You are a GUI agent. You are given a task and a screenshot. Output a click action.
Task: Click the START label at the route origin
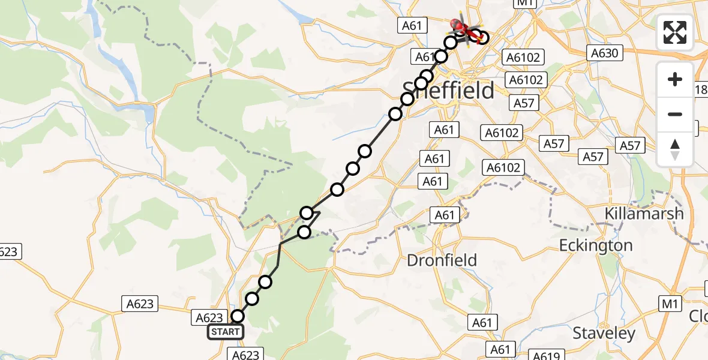click(x=225, y=332)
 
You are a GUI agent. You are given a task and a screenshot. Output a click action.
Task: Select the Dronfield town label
click(x=442, y=260)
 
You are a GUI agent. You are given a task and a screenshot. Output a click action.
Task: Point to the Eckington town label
click(x=596, y=245)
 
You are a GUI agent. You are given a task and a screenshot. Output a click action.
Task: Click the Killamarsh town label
click(x=644, y=213)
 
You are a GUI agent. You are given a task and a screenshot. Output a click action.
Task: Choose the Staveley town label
click(x=604, y=334)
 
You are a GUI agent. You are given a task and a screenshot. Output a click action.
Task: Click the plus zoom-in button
click(x=675, y=79)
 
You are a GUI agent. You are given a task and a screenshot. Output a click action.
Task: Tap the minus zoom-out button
click(x=675, y=114)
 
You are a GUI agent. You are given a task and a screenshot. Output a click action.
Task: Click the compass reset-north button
click(x=675, y=149)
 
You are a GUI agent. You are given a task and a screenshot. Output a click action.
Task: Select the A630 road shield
click(x=604, y=53)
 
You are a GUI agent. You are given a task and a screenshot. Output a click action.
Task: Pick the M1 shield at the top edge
click(x=524, y=3)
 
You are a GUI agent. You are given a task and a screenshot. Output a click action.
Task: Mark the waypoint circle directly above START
click(x=238, y=316)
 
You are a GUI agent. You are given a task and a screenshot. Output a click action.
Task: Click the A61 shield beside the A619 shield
click(x=500, y=349)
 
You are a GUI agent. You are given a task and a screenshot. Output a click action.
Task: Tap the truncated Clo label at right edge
click(x=698, y=316)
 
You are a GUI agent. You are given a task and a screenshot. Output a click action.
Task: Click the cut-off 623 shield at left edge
click(x=9, y=252)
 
